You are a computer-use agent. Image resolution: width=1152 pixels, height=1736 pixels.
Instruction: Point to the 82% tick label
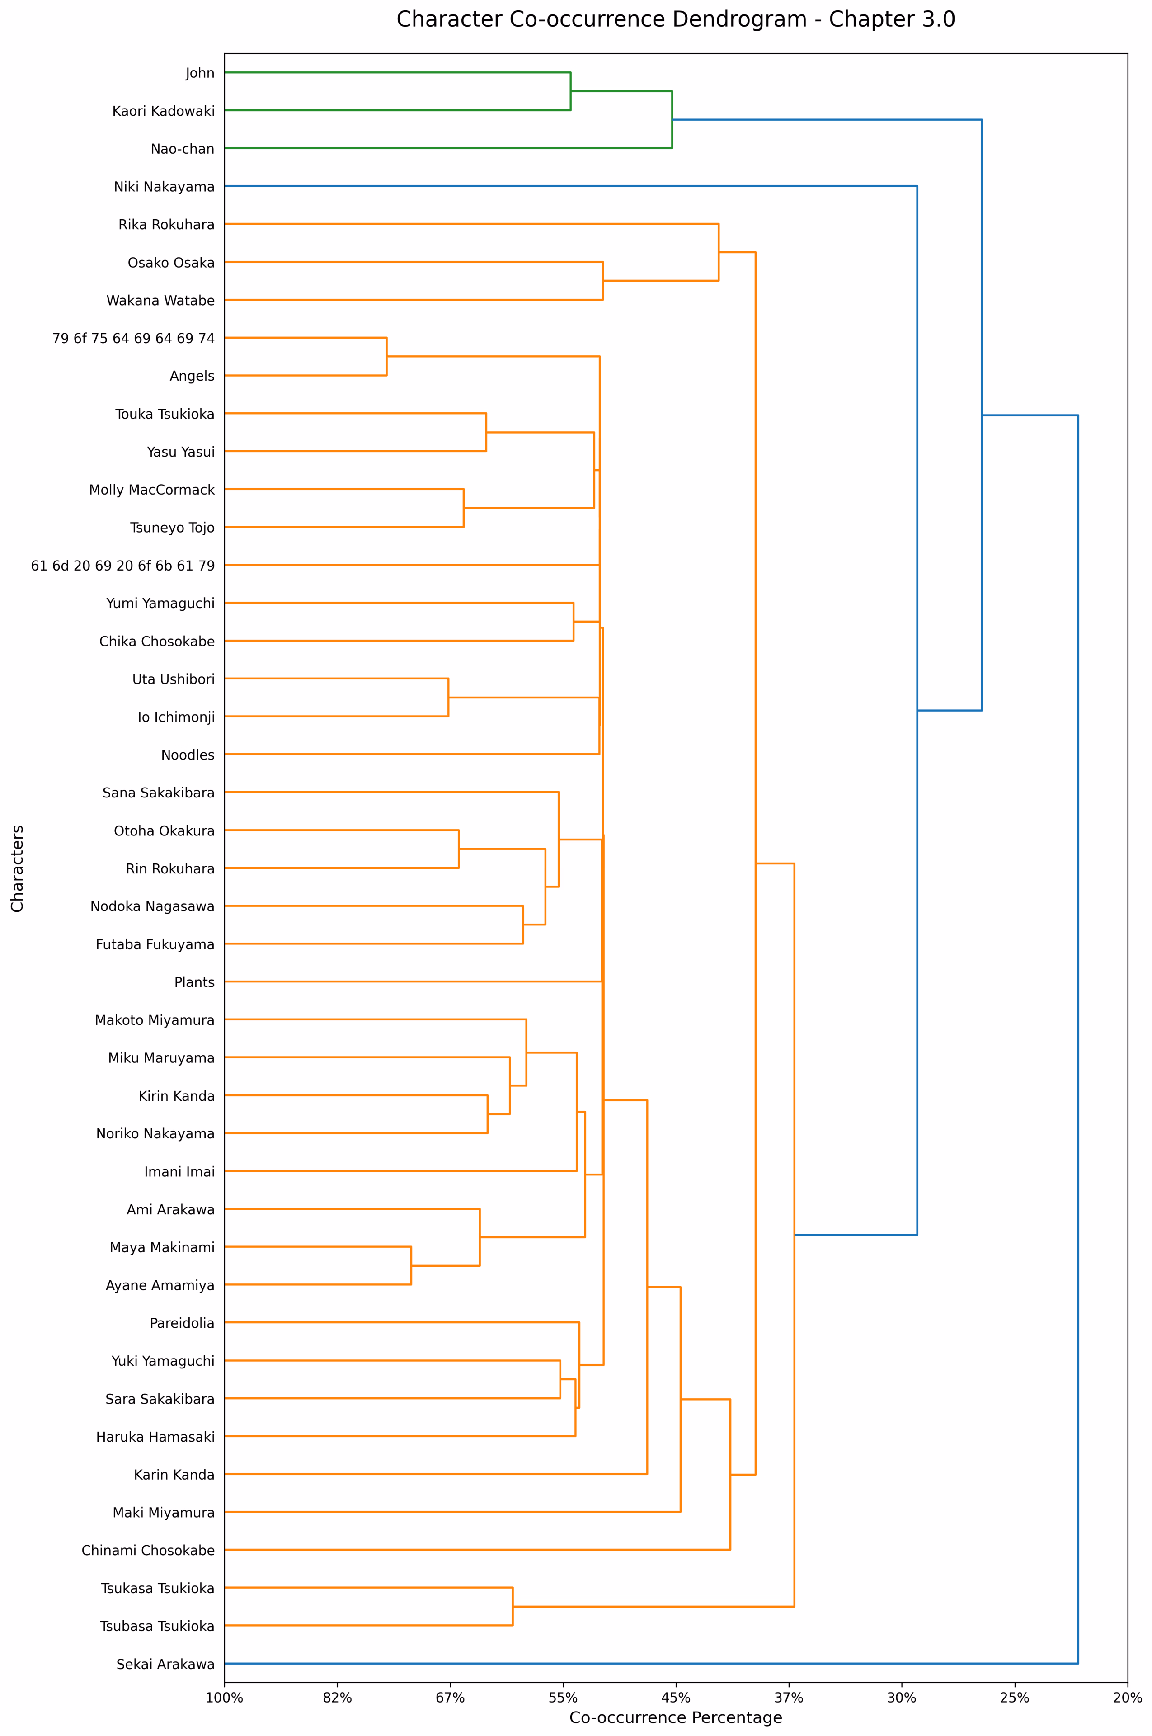click(337, 1697)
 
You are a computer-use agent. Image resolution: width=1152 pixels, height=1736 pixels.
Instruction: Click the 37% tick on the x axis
click(789, 1697)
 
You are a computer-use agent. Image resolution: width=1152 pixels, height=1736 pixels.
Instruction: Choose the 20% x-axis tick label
click(1127, 1697)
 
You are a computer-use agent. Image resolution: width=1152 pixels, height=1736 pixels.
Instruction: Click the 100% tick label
click(224, 1697)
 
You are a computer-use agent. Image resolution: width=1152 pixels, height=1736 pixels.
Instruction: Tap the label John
click(200, 73)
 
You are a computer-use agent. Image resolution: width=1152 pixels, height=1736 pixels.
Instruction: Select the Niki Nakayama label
click(164, 187)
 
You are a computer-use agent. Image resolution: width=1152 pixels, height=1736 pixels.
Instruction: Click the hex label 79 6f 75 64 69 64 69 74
click(134, 338)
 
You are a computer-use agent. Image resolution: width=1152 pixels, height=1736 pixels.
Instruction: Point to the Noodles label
click(188, 755)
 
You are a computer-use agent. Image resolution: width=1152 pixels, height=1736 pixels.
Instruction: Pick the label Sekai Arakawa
click(165, 1664)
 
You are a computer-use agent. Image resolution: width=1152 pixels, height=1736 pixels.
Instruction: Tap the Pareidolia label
click(182, 1323)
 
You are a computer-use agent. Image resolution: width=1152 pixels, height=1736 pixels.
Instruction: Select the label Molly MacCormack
click(152, 490)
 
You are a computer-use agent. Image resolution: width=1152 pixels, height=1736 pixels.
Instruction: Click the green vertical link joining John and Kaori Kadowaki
click(571, 91)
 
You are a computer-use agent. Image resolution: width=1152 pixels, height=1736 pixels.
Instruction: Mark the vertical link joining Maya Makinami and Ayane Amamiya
click(411, 1266)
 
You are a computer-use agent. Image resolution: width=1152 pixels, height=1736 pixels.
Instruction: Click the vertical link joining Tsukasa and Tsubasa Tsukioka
click(513, 1607)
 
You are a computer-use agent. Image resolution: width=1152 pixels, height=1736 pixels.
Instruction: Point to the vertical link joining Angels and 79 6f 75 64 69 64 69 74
click(386, 356)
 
